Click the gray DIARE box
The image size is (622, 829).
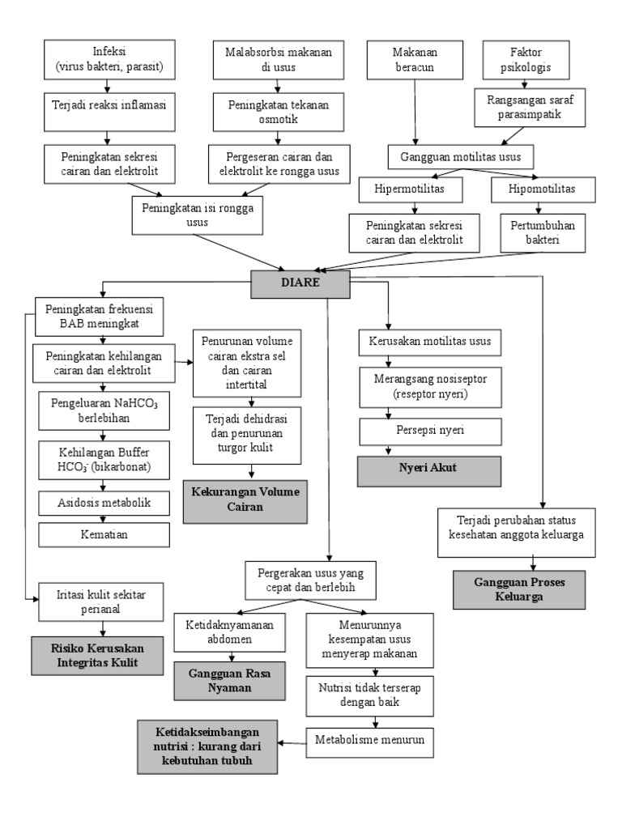click(299, 283)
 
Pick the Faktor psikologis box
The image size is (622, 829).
click(528, 59)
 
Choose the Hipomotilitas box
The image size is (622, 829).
click(541, 189)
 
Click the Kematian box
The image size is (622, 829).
click(104, 534)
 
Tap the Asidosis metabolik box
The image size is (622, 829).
click(104, 503)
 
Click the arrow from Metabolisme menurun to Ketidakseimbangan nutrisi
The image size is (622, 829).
click(292, 740)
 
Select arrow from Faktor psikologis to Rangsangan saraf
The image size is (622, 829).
click(528, 83)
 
